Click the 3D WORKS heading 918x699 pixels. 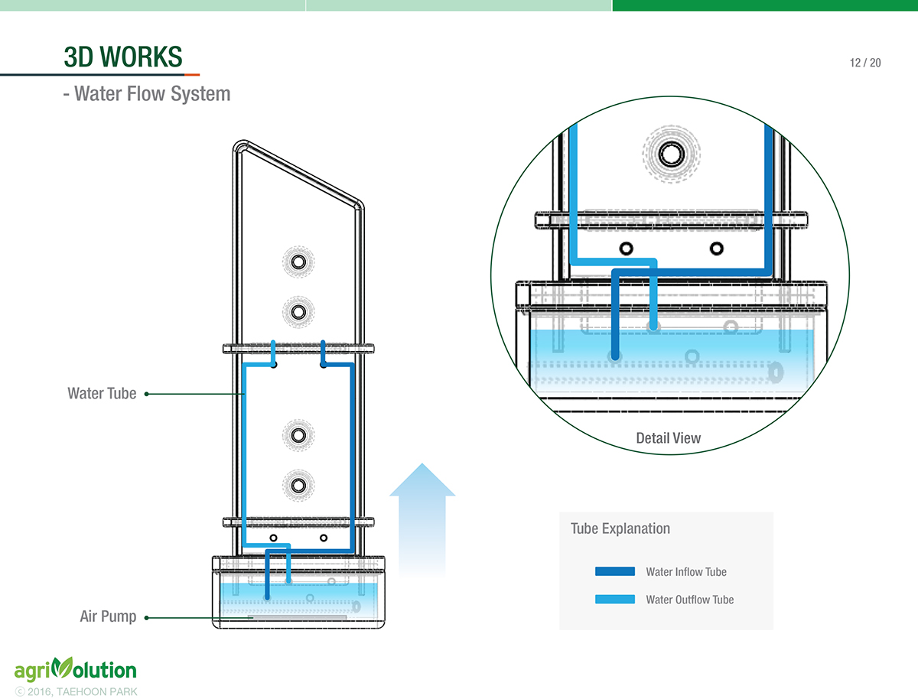[x=123, y=57]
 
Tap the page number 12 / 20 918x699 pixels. [x=864, y=63]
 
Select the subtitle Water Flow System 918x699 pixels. [x=146, y=94]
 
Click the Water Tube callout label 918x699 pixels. [x=102, y=394]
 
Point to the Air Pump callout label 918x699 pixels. [x=108, y=616]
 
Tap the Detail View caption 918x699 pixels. [x=668, y=438]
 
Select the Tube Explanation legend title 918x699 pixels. [x=620, y=528]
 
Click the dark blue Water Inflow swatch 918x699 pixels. [x=614, y=571]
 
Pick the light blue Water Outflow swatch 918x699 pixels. [x=614, y=599]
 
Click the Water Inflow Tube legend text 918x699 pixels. [x=685, y=571]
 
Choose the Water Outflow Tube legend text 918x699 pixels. [x=689, y=600]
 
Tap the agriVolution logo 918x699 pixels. [x=75, y=671]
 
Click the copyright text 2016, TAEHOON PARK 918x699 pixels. [x=76, y=691]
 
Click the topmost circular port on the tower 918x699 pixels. [x=298, y=262]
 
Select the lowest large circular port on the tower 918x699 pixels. [x=298, y=484]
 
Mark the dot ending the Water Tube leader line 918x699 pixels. [x=146, y=394]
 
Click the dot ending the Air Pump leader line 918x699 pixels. [x=146, y=616]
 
